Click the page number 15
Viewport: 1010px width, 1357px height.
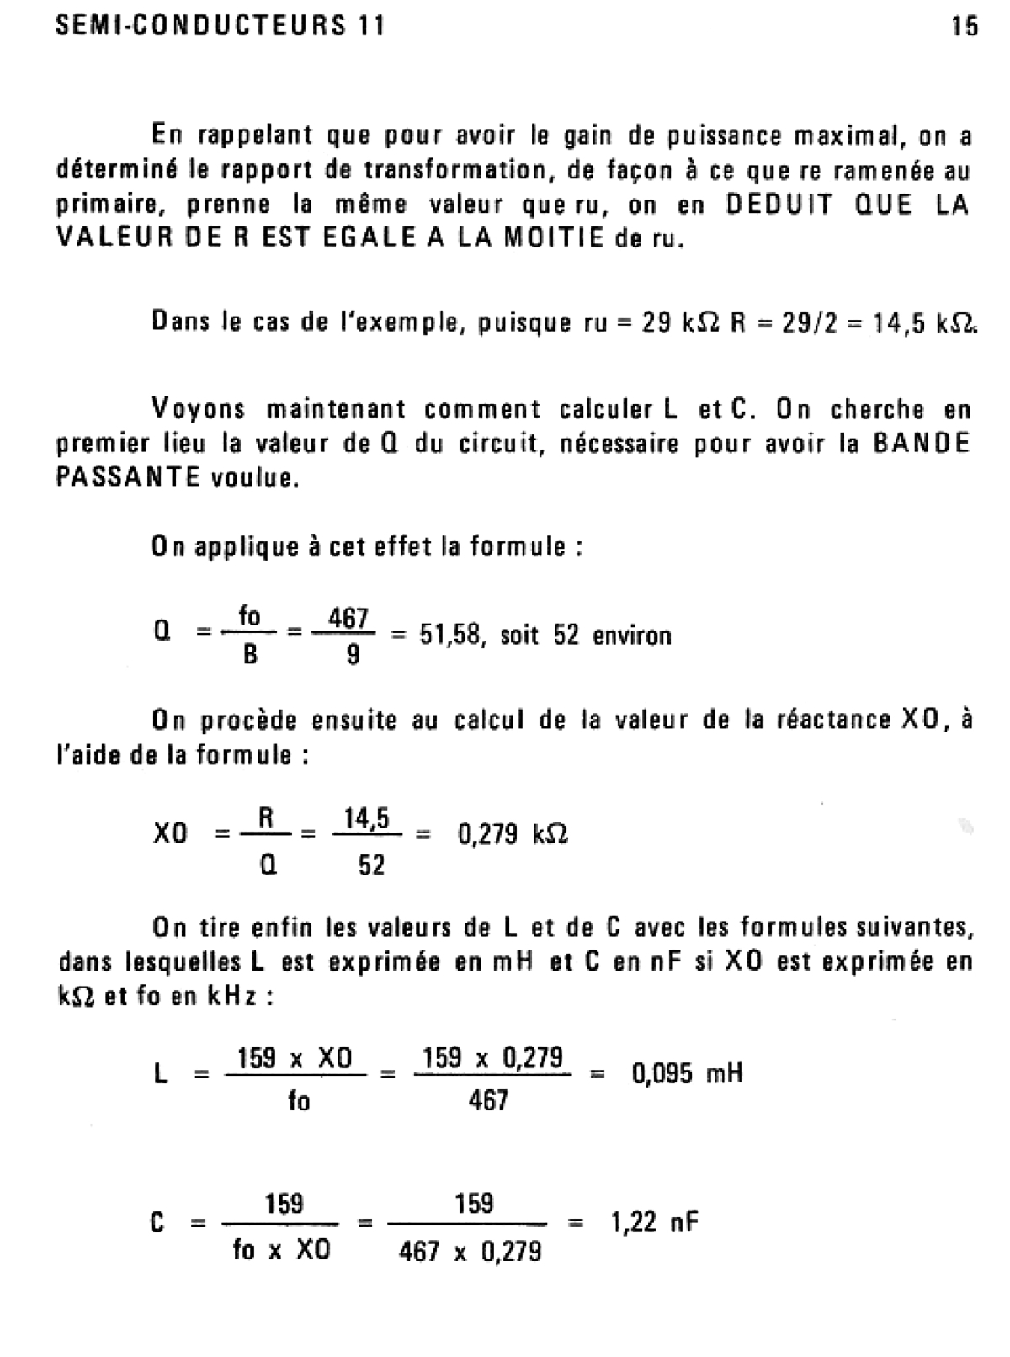pos(965,27)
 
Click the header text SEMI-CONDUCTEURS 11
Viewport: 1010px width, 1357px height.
pos(220,26)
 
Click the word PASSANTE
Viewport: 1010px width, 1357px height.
pos(128,478)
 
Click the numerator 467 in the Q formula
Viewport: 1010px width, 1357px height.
pos(348,619)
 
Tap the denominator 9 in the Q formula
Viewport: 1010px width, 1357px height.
pos(353,655)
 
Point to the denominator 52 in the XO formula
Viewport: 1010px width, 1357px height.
pos(371,865)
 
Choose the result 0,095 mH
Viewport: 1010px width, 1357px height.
pos(687,1073)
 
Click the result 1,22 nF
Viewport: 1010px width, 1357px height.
pos(654,1221)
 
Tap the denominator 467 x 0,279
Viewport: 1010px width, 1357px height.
pos(470,1253)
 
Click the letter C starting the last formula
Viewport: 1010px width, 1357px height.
pos(157,1222)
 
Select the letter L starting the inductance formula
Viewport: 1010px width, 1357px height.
pos(160,1074)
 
